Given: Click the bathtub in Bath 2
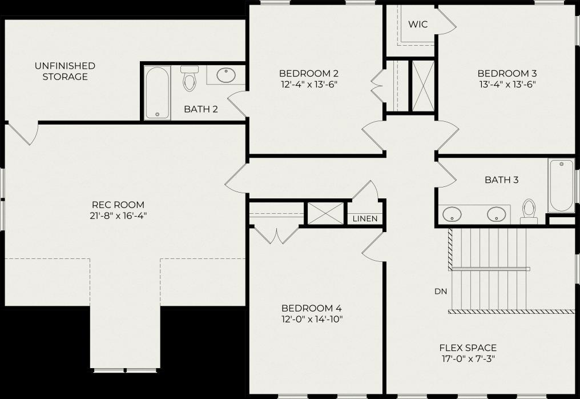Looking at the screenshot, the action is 157,93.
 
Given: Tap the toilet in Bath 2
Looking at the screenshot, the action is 190,78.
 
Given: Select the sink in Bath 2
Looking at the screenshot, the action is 225,75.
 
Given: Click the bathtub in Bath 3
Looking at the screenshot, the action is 561,185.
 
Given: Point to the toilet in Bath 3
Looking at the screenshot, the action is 529,211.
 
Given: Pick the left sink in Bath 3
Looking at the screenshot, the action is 452,214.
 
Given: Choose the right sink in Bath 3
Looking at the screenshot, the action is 496,214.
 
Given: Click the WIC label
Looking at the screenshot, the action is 418,25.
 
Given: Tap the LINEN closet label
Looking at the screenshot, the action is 365,218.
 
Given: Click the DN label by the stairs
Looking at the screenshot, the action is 441,292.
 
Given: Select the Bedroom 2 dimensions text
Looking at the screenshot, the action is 309,85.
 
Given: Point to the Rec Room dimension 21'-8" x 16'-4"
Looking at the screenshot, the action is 118,216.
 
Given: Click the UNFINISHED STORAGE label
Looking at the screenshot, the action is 65,71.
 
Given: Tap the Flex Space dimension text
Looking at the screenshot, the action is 468,358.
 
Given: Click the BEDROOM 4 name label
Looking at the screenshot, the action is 312,308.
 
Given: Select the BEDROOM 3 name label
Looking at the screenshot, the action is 507,73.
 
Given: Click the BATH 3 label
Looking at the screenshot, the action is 502,180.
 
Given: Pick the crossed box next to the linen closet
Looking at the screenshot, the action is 325,213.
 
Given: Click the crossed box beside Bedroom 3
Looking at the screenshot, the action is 423,86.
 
